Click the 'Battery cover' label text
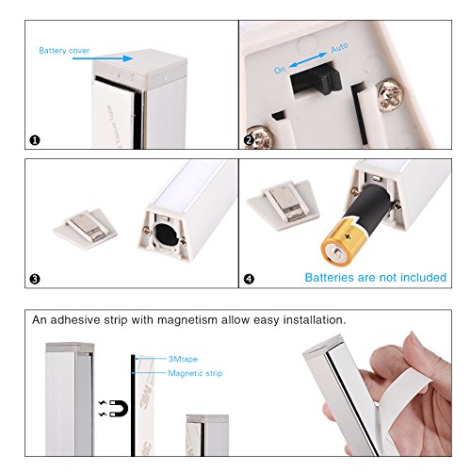64,51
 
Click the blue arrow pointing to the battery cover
104,58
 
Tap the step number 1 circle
35,140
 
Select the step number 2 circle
249,140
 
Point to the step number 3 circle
35,279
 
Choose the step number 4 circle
249,279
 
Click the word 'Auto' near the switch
339,48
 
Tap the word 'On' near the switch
280,70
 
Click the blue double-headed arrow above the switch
308,59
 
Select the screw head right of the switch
389,95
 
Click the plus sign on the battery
348,236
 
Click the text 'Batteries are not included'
376,277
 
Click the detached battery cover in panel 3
85,228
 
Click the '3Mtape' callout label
183,359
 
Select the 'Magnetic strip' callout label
195,373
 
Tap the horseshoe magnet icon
119,408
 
